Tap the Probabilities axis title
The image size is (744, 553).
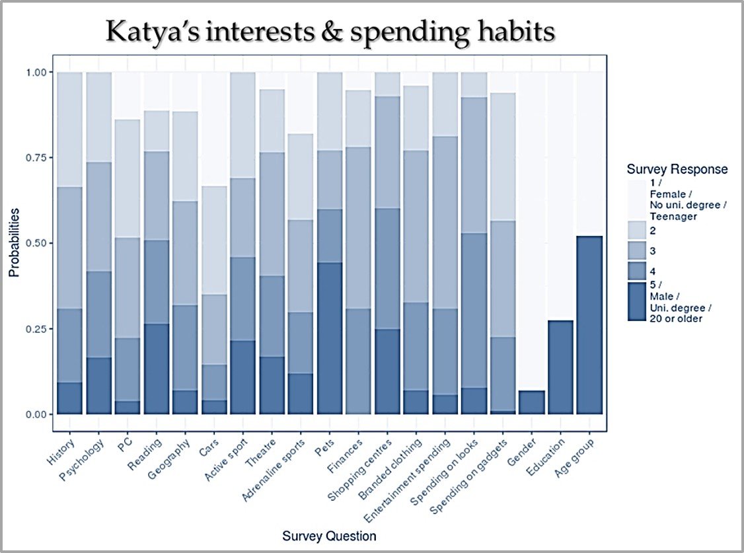click(x=13, y=243)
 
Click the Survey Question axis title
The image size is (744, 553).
click(x=329, y=535)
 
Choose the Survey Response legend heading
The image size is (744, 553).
click(x=677, y=169)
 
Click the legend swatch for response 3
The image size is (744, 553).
click(x=638, y=251)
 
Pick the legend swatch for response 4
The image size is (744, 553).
click(x=638, y=270)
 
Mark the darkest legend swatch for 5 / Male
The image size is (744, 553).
click(x=638, y=301)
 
